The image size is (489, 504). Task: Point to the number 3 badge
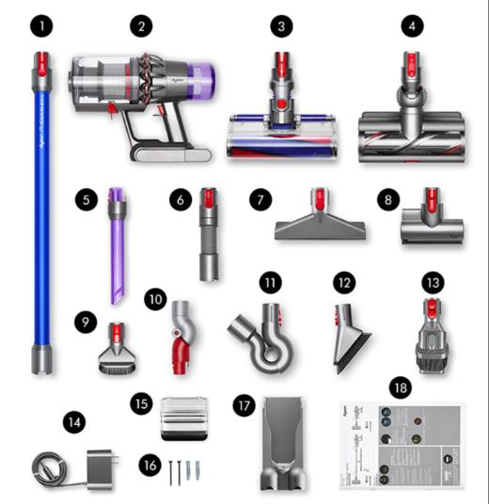tap(279, 27)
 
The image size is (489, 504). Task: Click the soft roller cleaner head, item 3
tap(279, 132)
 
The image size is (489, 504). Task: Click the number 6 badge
tap(181, 199)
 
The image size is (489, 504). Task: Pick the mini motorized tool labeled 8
tap(432, 227)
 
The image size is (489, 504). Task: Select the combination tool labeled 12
tap(348, 334)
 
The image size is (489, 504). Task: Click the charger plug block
tap(99, 468)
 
